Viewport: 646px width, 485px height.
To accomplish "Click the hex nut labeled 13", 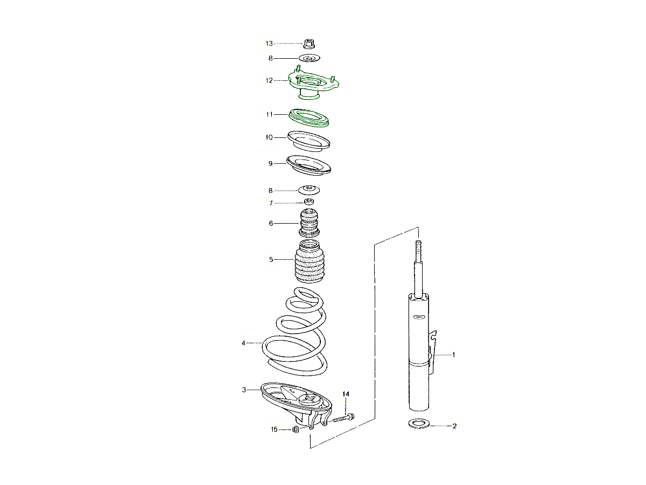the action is click(x=308, y=44).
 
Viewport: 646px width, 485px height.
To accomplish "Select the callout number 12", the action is click(x=269, y=80).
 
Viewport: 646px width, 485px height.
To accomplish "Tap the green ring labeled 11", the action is click(x=308, y=118).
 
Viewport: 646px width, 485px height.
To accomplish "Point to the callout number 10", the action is click(x=269, y=137).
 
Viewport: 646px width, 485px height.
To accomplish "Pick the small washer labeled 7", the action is click(x=309, y=202).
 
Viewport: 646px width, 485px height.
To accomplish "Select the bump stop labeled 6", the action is click(x=309, y=223).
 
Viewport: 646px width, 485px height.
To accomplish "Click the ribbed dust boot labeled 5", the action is click(x=310, y=261).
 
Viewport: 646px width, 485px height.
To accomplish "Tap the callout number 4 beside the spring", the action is click(x=243, y=343).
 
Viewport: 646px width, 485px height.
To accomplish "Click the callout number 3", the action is click(x=244, y=390).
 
